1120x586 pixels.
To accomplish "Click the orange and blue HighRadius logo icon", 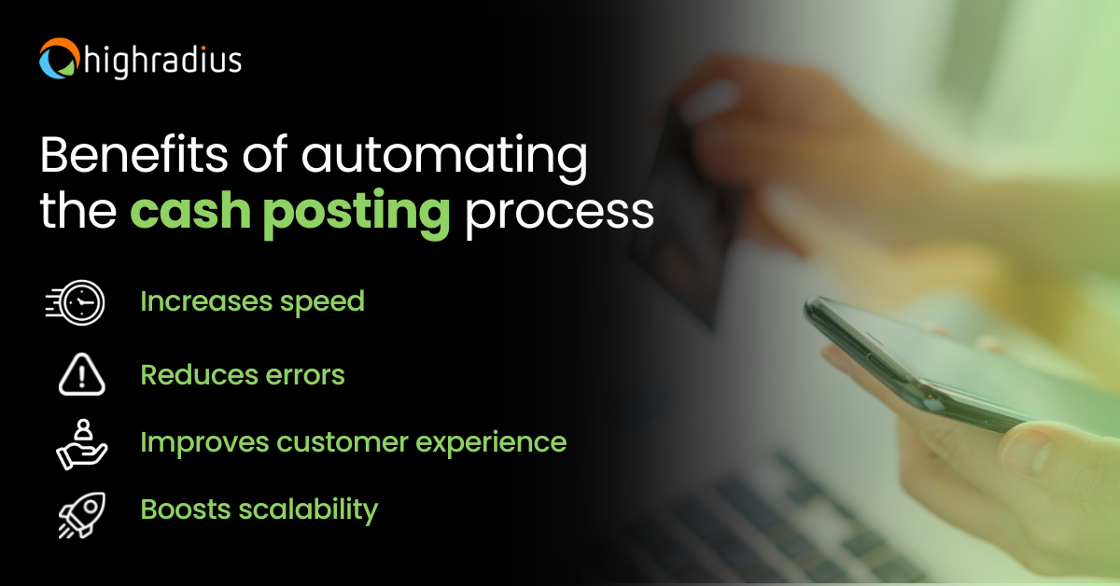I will (58, 59).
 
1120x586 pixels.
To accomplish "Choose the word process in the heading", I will (559, 214).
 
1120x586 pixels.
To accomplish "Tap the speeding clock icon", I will (77, 303).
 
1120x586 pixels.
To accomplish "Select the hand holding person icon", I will (81, 443).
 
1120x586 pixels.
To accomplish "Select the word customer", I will (330, 442).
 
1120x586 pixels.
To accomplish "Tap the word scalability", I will (307, 510).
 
